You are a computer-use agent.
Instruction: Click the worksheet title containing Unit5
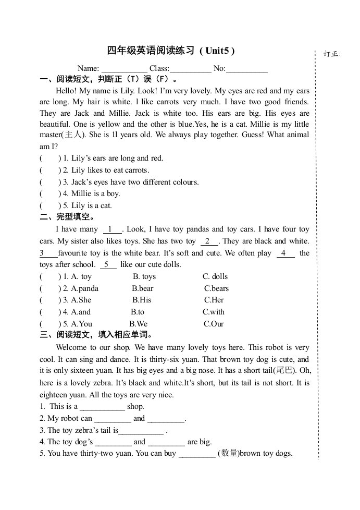171,51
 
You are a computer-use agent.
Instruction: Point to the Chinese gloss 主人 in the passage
73,135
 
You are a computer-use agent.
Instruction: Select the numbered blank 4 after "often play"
284,253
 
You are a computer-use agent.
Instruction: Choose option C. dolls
215,276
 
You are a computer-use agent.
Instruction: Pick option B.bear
143,288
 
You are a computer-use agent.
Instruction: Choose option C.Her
214,300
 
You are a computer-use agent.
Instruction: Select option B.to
138,312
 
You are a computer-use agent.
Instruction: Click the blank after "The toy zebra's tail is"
141,431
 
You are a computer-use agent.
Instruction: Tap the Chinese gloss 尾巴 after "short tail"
284,371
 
